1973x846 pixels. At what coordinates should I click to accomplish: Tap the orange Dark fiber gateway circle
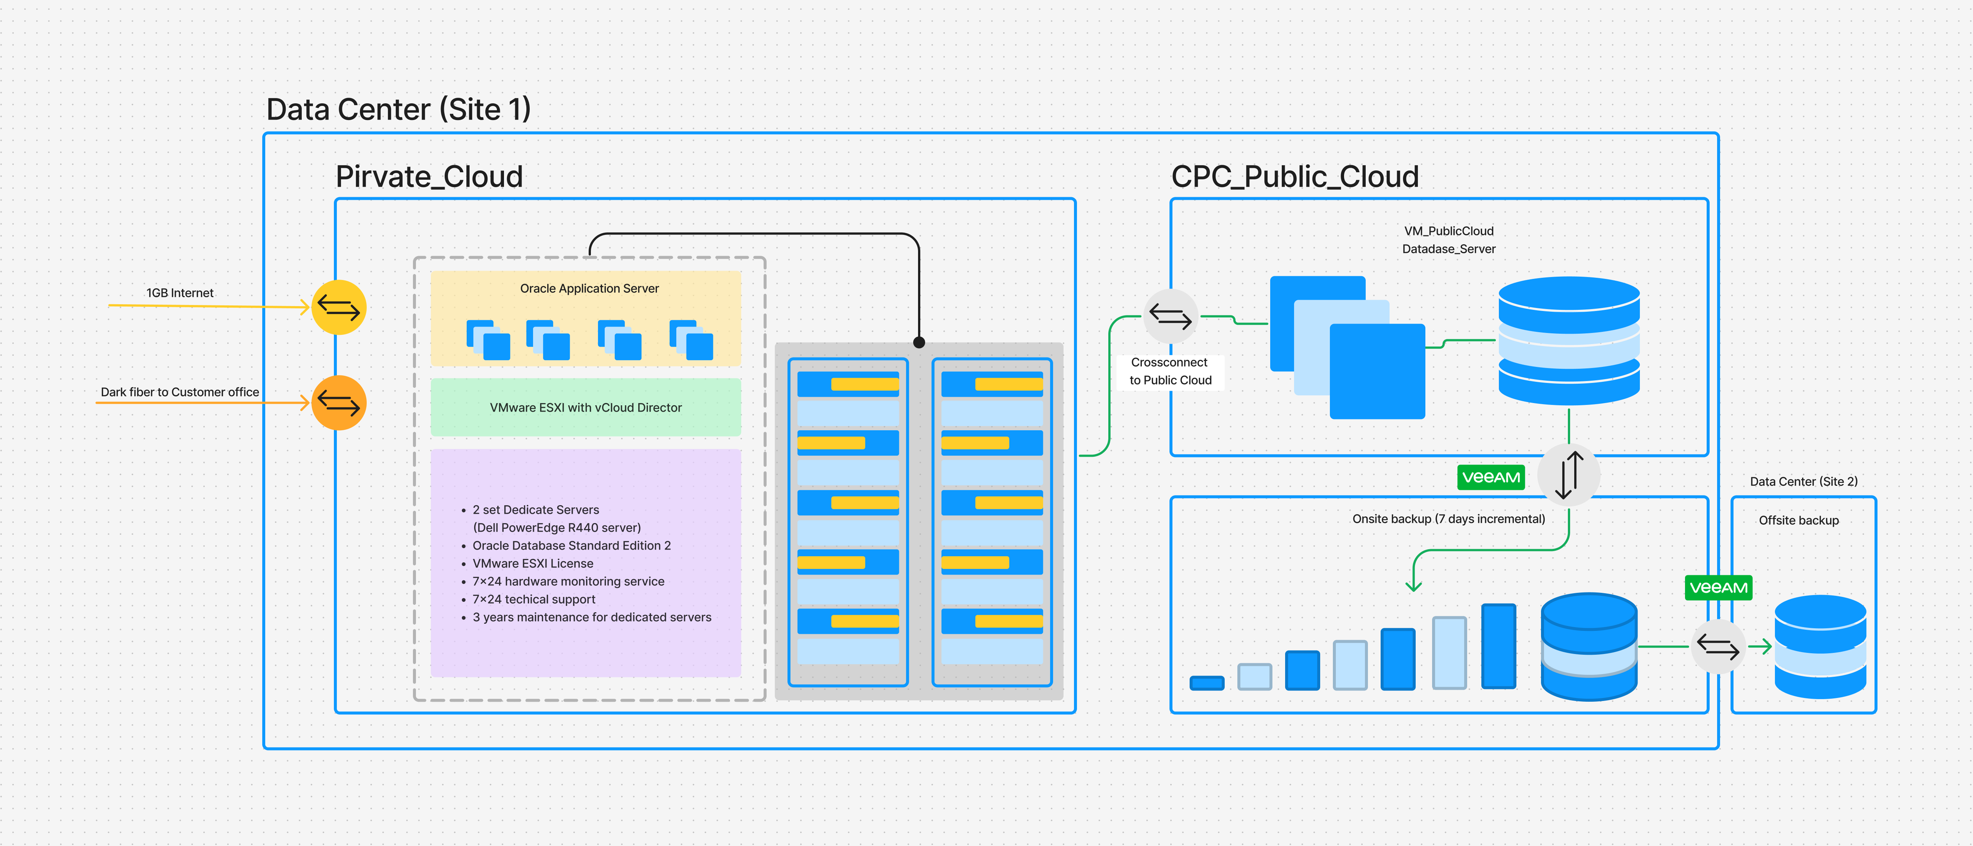point(339,403)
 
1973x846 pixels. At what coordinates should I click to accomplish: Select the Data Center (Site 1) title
point(398,110)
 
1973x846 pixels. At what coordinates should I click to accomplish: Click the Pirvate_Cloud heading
point(429,177)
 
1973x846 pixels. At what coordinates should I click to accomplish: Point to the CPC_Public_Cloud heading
point(1294,177)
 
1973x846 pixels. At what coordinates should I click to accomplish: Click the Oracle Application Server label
point(589,289)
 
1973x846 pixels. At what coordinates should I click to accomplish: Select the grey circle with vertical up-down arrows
point(1569,475)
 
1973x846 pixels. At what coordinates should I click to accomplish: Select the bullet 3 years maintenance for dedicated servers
point(591,617)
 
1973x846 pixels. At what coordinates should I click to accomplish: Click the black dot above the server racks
point(919,342)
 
